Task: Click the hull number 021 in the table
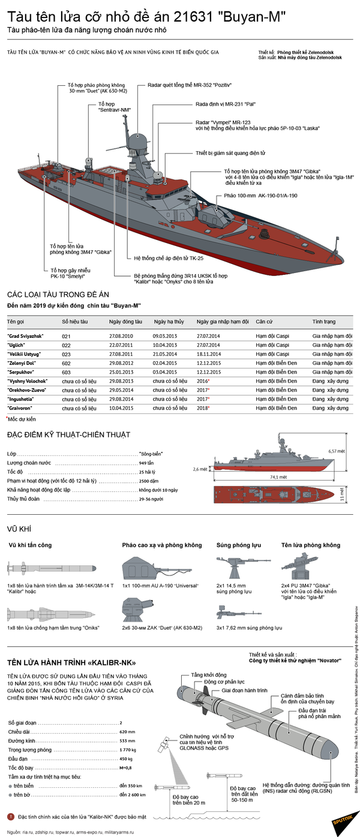67,337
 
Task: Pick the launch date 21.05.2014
165,355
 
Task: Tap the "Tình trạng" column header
325,322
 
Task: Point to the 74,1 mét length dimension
278,477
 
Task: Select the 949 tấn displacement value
146,463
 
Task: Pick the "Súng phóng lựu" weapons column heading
238,545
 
